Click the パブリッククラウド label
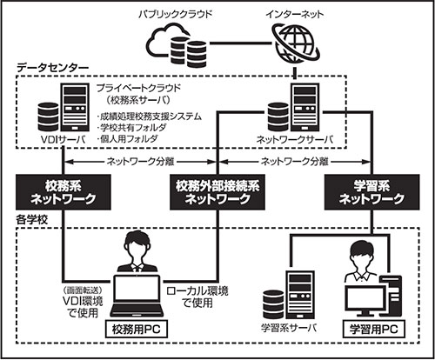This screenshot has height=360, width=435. pos(176,14)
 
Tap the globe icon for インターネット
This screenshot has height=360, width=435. pos(296,44)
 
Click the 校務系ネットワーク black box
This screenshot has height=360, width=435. pos(64,192)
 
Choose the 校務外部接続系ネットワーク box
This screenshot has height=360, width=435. pos(217,192)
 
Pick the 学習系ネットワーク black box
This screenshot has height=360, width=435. pos(371,192)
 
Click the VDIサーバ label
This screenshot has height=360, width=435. pos(63,140)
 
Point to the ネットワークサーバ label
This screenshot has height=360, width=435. pos(295,140)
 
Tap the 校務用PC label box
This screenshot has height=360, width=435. pos(137,329)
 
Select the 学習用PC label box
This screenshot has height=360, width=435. pos(374,329)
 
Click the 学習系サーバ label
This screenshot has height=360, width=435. pos(289,328)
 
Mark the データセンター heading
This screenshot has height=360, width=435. pos(52,68)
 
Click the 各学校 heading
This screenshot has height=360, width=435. pos(32,220)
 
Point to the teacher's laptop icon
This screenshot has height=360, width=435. pos(137,296)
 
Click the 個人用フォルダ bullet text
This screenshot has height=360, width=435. pos(128,138)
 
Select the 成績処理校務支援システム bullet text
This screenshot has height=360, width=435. pos(149,117)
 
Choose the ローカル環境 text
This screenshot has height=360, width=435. pos(197,290)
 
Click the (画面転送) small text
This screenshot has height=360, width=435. pos(83,290)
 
